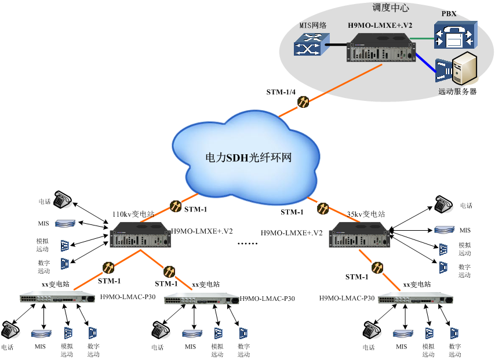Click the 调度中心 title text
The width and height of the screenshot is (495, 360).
(x=390, y=8)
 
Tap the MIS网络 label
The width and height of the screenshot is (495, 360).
(x=313, y=26)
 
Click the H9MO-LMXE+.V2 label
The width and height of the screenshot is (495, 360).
(x=380, y=26)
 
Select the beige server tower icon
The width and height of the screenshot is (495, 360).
(x=465, y=68)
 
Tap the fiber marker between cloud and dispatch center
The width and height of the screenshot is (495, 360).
(x=303, y=102)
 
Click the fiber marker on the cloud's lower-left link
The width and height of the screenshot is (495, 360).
(x=176, y=206)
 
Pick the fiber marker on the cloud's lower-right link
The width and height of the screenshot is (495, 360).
(x=323, y=208)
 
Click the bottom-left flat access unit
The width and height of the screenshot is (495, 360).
(x=57, y=297)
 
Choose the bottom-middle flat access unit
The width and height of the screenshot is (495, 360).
(x=201, y=299)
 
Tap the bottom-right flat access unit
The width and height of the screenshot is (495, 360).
(x=415, y=298)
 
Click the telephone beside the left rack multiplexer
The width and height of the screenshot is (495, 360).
(x=63, y=200)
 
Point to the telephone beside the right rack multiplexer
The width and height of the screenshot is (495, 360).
(x=444, y=205)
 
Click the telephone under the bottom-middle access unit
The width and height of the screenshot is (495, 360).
(x=161, y=331)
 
